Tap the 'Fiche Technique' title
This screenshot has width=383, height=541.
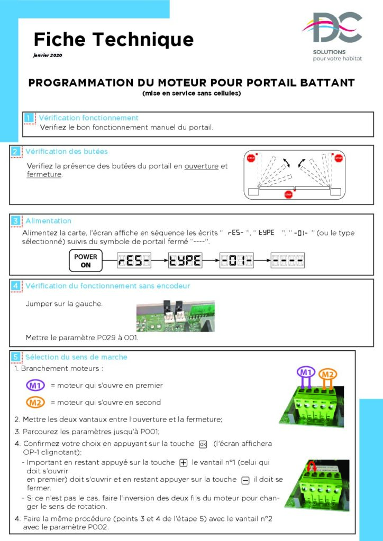point(114,39)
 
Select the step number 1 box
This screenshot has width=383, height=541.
point(29,118)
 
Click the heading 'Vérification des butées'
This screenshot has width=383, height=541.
point(66,152)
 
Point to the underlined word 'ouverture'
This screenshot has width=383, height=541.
point(202,166)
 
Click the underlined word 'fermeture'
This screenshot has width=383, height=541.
point(44,175)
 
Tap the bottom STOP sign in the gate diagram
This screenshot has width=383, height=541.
point(288,195)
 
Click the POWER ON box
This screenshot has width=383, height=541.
point(86,260)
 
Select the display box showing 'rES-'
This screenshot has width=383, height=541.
point(134,260)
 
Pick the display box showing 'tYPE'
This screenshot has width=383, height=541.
point(185,260)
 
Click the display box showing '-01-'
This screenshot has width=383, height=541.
point(237,260)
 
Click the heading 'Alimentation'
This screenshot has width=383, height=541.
point(48,221)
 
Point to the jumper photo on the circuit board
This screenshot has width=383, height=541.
point(175,316)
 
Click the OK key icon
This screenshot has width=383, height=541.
point(202,444)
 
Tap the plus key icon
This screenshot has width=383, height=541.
point(183,463)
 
